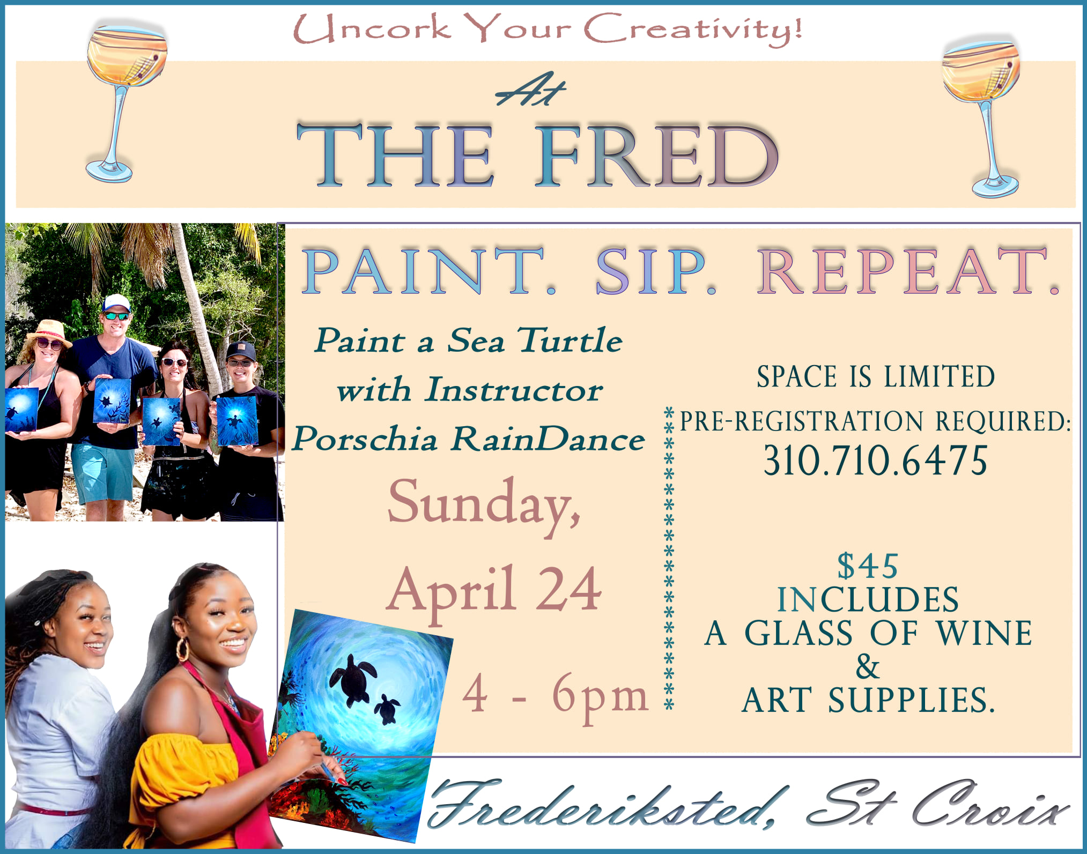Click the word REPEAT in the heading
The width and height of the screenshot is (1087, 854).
click(906, 271)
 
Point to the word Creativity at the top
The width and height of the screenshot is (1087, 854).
click(692, 29)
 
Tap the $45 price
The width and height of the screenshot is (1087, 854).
click(868, 566)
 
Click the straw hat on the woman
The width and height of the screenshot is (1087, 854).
click(49, 330)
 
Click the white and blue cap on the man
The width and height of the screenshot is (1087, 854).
click(116, 303)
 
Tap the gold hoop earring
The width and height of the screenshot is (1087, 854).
click(182, 649)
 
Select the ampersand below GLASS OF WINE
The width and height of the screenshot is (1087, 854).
click(868, 666)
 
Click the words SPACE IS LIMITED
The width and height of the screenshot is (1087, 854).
click(875, 376)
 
